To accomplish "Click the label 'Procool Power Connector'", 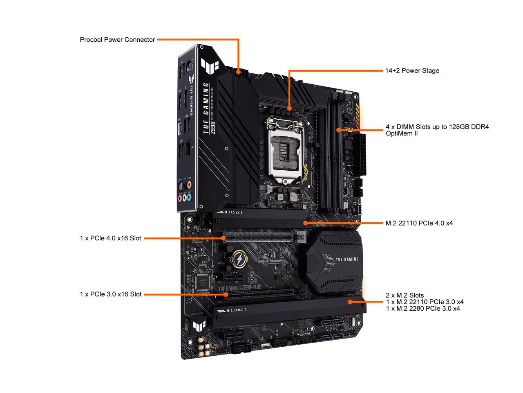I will click(x=117, y=40).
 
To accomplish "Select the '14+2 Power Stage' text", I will click(x=412, y=70).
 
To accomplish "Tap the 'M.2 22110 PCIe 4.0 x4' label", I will click(x=419, y=223).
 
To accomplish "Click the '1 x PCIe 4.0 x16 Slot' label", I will click(x=110, y=238).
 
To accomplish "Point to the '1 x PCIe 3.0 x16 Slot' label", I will click(x=110, y=294).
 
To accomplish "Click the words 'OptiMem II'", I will click(x=401, y=133).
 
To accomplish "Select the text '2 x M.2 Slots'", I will click(x=405, y=295).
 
